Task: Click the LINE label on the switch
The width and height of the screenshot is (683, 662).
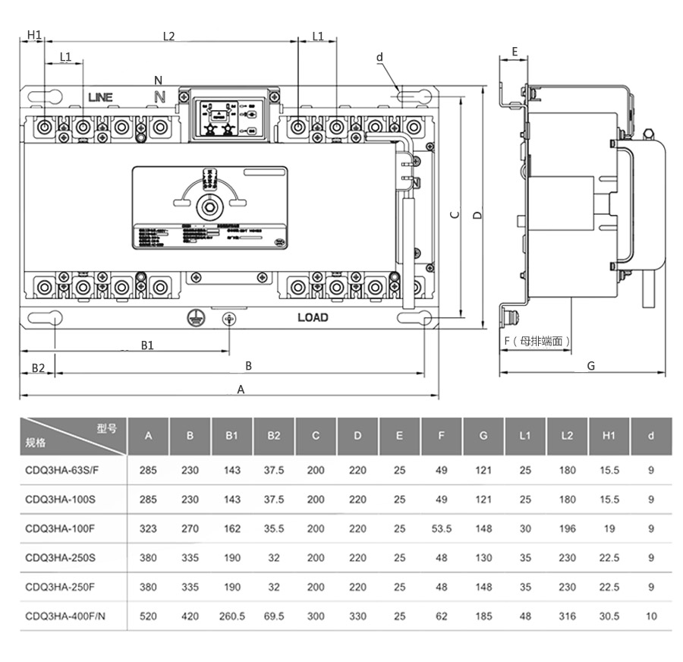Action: click(x=99, y=97)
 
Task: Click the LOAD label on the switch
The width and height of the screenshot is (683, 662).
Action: click(x=313, y=317)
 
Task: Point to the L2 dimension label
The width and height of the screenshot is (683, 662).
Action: click(x=168, y=36)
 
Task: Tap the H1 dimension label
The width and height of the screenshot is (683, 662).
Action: click(x=34, y=35)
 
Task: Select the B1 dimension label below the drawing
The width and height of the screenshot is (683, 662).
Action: click(x=147, y=345)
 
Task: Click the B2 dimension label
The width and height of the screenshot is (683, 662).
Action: click(x=38, y=368)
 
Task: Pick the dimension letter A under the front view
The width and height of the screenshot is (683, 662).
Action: click(x=241, y=389)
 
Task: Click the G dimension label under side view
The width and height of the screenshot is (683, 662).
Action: click(x=591, y=365)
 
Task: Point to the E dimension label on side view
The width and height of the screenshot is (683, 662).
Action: click(x=515, y=52)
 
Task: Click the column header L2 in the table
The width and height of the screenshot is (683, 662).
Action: click(x=567, y=436)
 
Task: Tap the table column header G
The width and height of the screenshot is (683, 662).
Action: click(x=483, y=436)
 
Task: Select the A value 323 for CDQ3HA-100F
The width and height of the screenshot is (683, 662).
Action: click(x=148, y=528)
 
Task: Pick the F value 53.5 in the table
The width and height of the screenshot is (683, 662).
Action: click(x=441, y=528)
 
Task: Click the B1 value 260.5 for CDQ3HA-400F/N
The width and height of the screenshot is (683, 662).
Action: click(x=231, y=616)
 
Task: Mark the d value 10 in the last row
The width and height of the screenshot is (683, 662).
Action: click(x=651, y=616)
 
